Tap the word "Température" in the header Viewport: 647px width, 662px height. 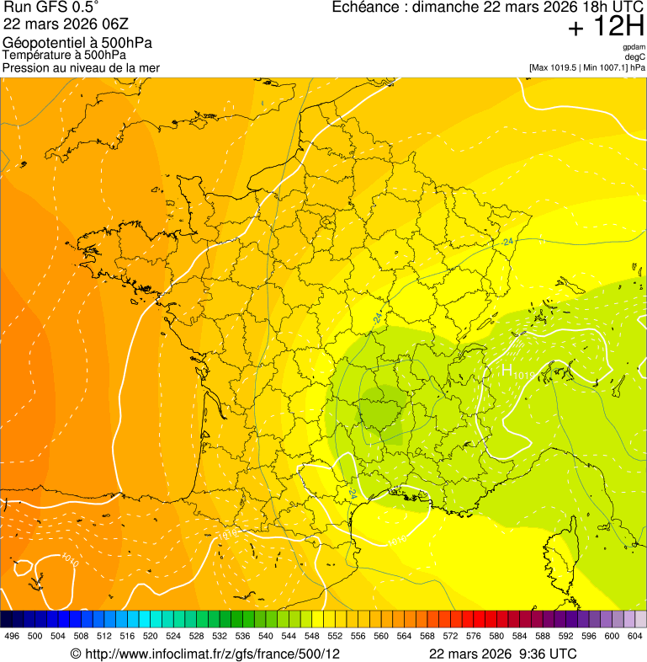click(35, 55)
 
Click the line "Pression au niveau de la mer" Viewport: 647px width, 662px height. click(81, 67)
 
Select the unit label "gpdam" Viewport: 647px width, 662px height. click(634, 47)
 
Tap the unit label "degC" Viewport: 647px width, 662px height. click(634, 56)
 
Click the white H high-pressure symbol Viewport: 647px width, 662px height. click(507, 370)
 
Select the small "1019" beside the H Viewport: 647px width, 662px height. click(524, 374)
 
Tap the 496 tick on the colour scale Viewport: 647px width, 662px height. click(12, 636)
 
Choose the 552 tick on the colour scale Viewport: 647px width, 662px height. click(335, 636)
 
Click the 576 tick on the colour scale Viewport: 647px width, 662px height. click(474, 636)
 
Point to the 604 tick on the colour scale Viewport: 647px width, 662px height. click(635, 636)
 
